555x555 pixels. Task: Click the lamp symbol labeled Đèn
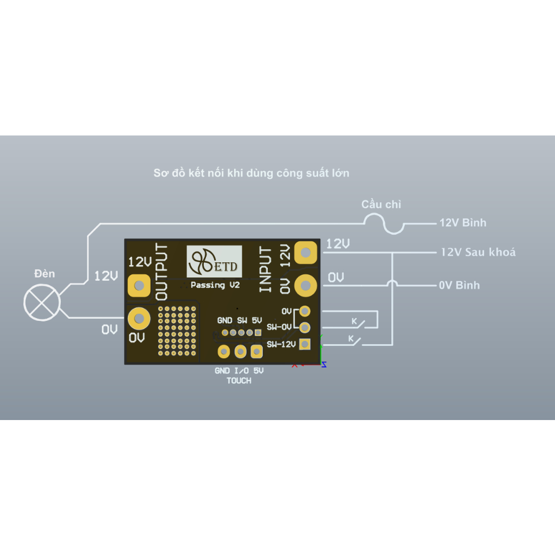pyautogui.click(x=41, y=304)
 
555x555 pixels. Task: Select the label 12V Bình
pyautogui.click(x=462, y=223)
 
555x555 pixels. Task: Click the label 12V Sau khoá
pyautogui.click(x=477, y=252)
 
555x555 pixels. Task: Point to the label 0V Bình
pyautogui.click(x=459, y=285)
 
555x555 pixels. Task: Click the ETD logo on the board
pyautogui.click(x=214, y=262)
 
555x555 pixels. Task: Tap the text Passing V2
pyautogui.click(x=215, y=285)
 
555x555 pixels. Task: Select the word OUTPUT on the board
pyautogui.click(x=162, y=272)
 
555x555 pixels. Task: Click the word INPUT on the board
pyautogui.click(x=266, y=269)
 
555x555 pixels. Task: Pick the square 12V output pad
pyautogui.click(x=139, y=285)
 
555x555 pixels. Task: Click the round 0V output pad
pyautogui.click(x=139, y=319)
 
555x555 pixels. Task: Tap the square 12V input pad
pyautogui.click(x=306, y=252)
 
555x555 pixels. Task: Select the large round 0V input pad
pyautogui.click(x=306, y=284)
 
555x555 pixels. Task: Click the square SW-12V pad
pyautogui.click(x=305, y=344)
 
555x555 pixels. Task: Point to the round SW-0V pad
pyautogui.click(x=305, y=327)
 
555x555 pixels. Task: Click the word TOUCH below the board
pyautogui.click(x=239, y=381)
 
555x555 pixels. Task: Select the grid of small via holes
pyautogui.click(x=177, y=330)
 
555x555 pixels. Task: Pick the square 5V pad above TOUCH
pyautogui.click(x=256, y=352)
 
